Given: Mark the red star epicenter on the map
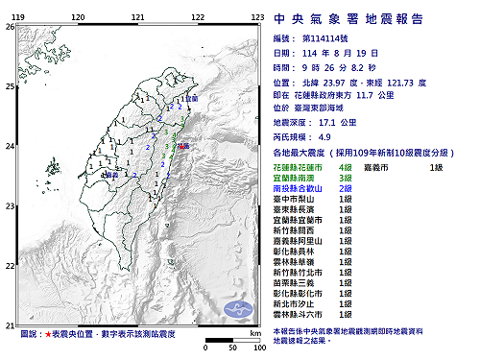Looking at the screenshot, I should point(183,147).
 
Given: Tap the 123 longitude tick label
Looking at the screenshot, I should point(257,17).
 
